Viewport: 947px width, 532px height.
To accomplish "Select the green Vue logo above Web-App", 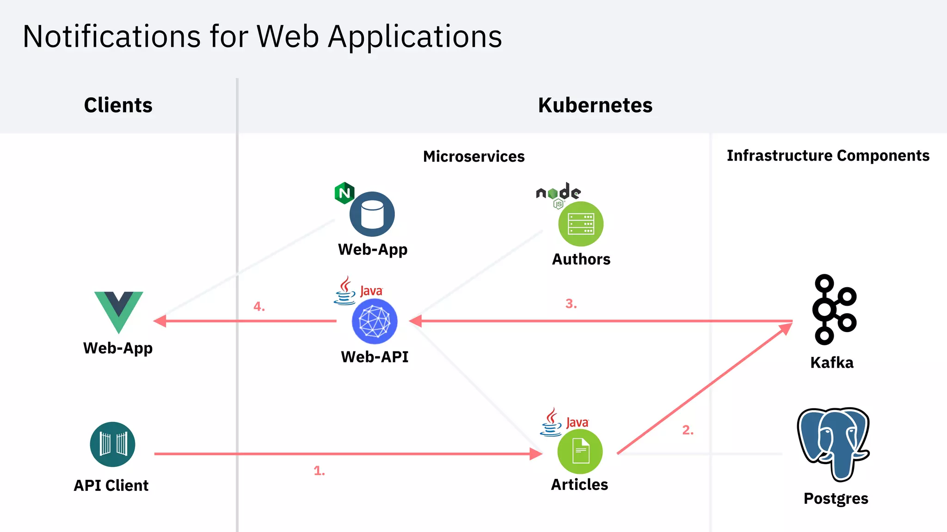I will (118, 310).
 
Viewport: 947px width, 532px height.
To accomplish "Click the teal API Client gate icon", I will (112, 444).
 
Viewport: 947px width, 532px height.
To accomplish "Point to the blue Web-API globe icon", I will (374, 321).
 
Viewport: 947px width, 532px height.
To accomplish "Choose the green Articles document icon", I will (580, 451).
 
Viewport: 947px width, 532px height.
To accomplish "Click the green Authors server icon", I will (581, 224).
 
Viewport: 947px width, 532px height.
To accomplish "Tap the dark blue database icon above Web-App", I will (372, 214).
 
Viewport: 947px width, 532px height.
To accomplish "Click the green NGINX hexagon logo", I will (344, 193).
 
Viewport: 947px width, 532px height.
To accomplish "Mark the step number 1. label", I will (319, 471).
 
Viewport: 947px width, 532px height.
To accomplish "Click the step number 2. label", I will (688, 430).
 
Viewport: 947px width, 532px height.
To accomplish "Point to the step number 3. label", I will (571, 304).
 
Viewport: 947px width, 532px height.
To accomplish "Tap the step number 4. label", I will (259, 307).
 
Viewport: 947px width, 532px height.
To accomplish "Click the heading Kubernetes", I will (595, 105).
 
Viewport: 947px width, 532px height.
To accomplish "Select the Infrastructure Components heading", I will (828, 156).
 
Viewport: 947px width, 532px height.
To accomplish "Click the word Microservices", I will (473, 157).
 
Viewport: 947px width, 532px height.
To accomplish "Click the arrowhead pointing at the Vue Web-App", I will (160, 321).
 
